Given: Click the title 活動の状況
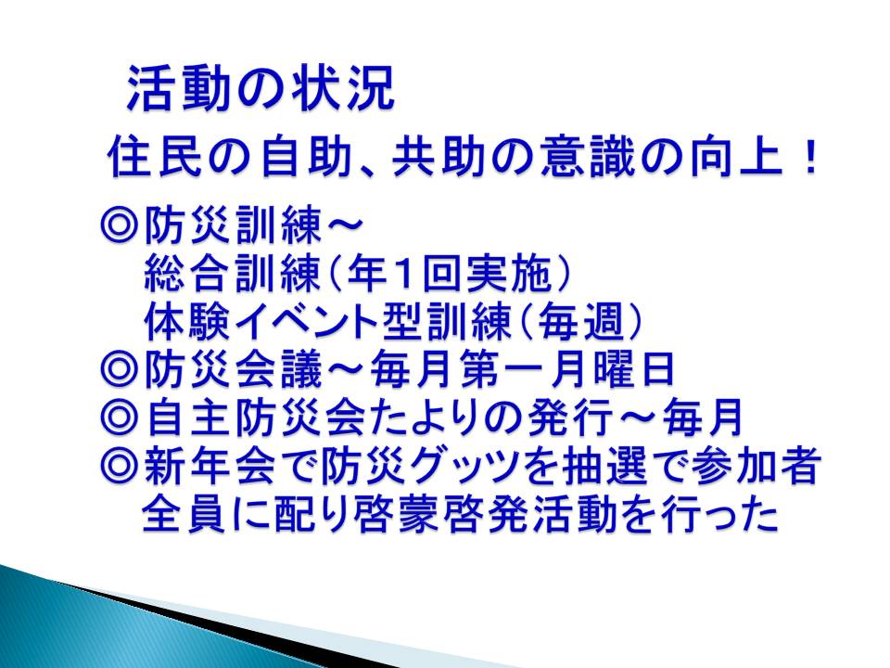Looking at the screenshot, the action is [260, 89].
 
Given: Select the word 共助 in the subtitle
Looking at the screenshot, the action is [437, 157].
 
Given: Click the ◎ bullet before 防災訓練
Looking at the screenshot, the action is [120, 225].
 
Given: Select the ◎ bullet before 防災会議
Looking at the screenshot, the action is [120, 369].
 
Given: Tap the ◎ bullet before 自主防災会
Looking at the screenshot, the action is [120, 417].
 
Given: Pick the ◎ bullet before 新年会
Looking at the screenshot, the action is [120, 466].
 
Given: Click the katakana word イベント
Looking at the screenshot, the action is [305, 322].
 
